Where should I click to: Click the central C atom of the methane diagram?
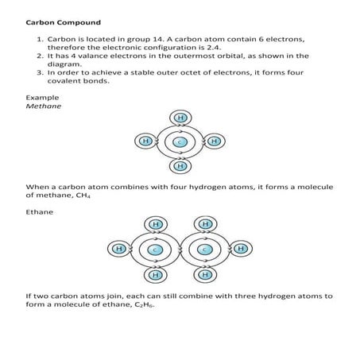click(180, 141)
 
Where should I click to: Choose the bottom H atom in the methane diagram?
click(180, 166)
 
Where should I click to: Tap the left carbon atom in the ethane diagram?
click(155, 250)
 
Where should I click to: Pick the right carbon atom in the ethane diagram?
click(205, 250)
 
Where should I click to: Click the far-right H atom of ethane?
click(241, 250)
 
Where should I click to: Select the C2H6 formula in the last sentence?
click(135, 304)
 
